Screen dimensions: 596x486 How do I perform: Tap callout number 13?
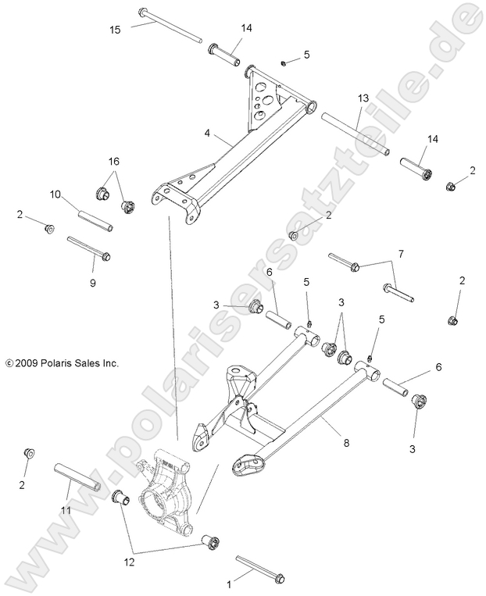[362, 98]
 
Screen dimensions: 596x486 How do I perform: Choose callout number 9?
[92, 282]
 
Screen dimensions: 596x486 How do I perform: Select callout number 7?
[400, 254]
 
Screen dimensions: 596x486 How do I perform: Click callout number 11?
[66, 510]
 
